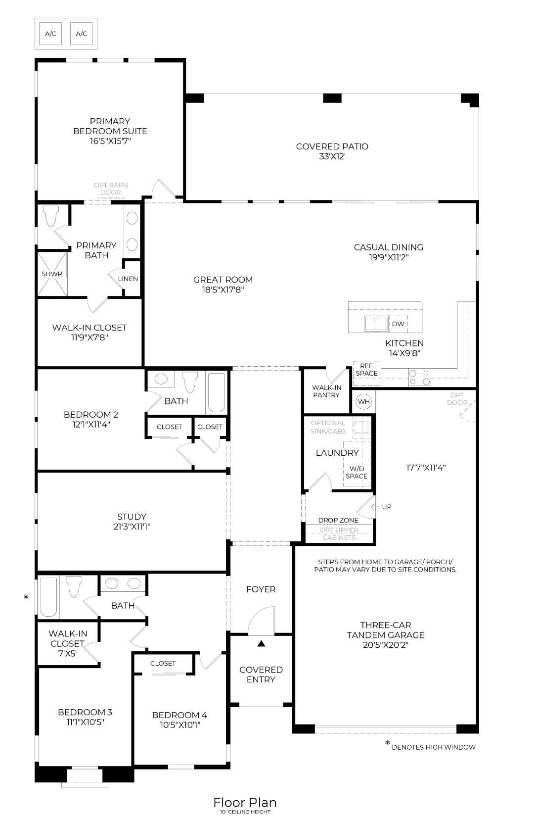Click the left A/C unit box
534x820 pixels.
click(50, 34)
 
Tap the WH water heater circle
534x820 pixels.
click(364, 401)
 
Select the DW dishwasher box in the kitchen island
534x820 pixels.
click(398, 324)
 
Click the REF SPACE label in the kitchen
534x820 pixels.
click(366, 370)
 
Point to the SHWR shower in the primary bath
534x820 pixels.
click(52, 274)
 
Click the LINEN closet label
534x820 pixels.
click(128, 279)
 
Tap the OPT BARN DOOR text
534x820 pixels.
click(111, 189)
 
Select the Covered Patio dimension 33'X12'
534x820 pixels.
click(332, 156)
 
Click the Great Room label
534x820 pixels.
click(223, 280)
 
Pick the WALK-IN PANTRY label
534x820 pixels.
click(326, 391)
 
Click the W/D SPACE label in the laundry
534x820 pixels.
click(356, 472)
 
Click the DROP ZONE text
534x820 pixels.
click(338, 520)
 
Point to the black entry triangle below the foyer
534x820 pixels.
click(261, 643)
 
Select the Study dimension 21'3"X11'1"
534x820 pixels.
click(132, 527)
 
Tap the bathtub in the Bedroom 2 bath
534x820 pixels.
click(216, 393)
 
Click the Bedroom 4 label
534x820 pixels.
click(179, 715)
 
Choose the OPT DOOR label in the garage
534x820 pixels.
click(457, 398)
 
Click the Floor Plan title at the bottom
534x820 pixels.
click(245, 802)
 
